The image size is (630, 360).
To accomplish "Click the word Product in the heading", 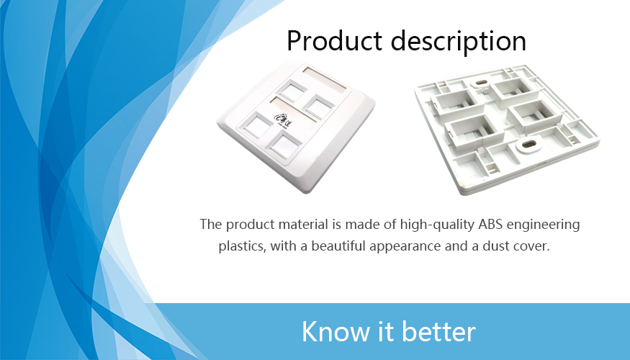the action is click(334, 40).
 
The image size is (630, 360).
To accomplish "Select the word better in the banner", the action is click(438, 331).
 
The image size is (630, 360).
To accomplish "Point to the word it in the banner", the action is click(386, 331).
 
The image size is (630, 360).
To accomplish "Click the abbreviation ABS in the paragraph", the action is click(490, 224).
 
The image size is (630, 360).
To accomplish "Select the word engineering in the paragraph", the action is click(543, 225).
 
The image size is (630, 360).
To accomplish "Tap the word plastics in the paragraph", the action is click(242, 246).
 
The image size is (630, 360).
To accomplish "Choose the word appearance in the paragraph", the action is click(405, 246).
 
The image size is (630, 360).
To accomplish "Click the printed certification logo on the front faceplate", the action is click(282, 119).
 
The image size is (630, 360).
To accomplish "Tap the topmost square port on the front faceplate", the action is click(292, 91).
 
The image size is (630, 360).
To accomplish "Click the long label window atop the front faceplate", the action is click(325, 78).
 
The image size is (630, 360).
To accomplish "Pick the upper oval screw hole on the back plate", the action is click(480, 83).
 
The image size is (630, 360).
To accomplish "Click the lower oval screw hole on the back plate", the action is click(528, 144).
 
